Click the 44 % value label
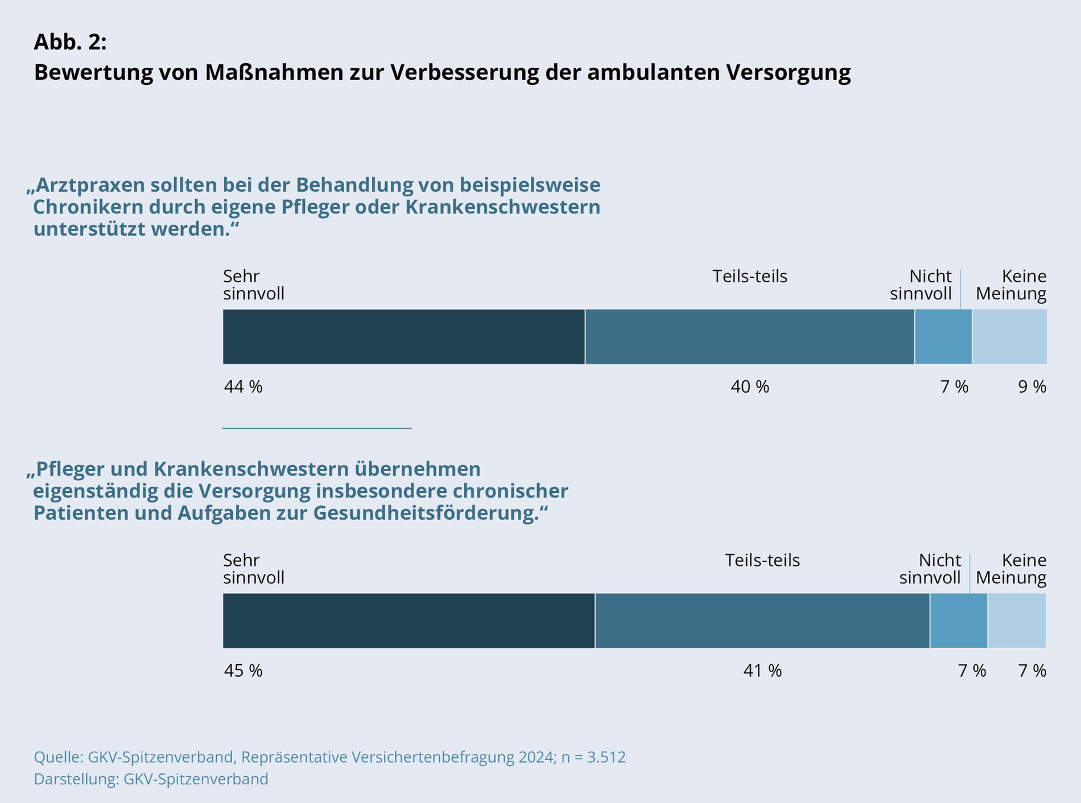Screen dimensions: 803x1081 [x=243, y=387]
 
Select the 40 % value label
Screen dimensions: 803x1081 [x=749, y=387]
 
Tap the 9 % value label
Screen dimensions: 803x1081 [x=1032, y=387]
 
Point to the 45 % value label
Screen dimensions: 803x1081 [x=243, y=671]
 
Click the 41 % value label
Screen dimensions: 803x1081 [x=762, y=671]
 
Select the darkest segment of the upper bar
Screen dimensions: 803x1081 [x=403, y=337]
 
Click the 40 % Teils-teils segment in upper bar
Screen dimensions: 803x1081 [x=749, y=337]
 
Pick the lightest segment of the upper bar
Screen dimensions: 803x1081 [x=1009, y=337]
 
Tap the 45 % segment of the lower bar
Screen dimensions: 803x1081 [x=409, y=621]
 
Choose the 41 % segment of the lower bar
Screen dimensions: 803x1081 [x=762, y=621]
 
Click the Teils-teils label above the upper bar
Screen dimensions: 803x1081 [x=749, y=277]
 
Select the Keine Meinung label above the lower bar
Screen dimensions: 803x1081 [x=1011, y=569]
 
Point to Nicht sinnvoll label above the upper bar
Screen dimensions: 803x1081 [x=922, y=285]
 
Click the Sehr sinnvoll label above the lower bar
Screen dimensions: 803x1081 [x=253, y=569]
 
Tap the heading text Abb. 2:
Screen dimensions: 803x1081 [x=70, y=42]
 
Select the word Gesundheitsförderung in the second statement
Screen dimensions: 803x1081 [x=426, y=513]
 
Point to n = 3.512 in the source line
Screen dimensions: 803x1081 [x=593, y=757]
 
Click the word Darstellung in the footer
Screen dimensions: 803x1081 [x=76, y=779]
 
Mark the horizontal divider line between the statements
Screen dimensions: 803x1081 [x=316, y=428]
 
